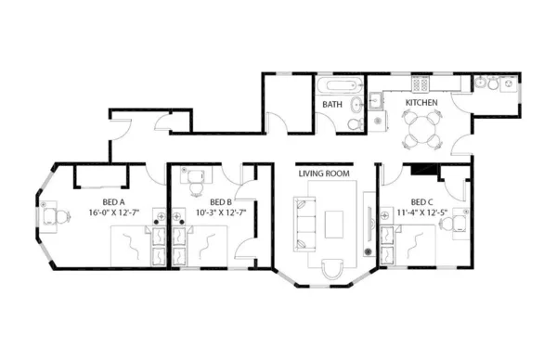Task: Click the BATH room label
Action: pos(332,105)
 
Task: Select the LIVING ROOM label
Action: pos(323,174)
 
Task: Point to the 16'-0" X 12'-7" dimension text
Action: pos(120,212)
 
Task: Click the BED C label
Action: pos(421,201)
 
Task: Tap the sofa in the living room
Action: pos(304,223)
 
